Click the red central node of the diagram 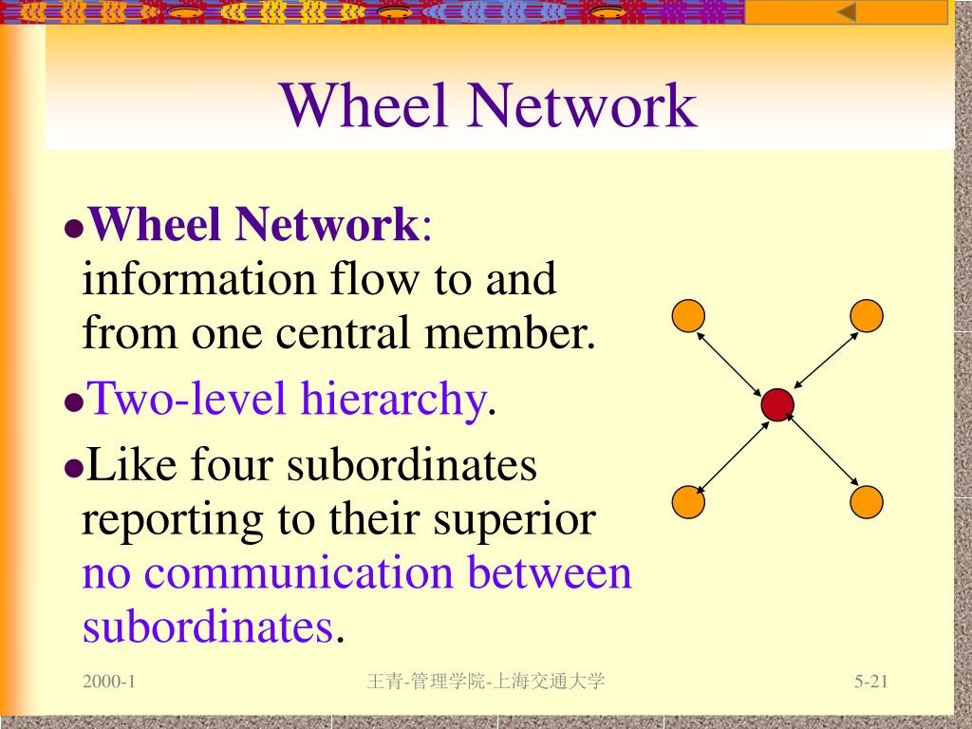click(x=777, y=405)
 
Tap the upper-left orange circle click(x=688, y=315)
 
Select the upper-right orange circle click(x=867, y=315)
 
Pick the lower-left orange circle click(x=688, y=502)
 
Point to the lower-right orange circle click(x=867, y=501)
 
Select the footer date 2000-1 click(x=109, y=682)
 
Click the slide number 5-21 click(x=869, y=682)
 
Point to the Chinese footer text click(x=485, y=682)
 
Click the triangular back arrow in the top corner click(x=846, y=12)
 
